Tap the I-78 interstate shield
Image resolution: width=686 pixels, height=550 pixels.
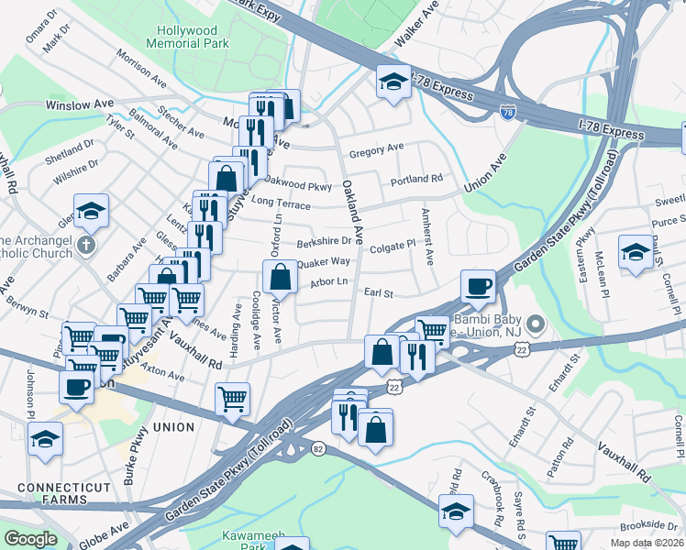click(x=508, y=112)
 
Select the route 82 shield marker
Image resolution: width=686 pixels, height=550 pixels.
click(x=318, y=446)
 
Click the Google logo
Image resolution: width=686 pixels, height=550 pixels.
click(x=31, y=539)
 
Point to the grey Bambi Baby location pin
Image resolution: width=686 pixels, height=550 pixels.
click(x=537, y=324)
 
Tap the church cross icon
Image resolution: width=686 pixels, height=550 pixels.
click(x=85, y=245)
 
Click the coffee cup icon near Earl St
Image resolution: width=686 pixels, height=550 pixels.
click(x=478, y=285)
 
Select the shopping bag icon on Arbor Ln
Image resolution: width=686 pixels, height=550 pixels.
click(x=281, y=276)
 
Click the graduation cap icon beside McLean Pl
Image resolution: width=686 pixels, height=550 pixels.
click(x=636, y=249)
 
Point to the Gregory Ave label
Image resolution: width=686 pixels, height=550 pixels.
click(x=376, y=148)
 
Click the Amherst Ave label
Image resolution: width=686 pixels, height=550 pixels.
click(x=426, y=236)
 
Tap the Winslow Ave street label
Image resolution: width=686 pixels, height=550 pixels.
click(x=81, y=105)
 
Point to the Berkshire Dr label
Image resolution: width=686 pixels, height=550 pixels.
click(x=324, y=243)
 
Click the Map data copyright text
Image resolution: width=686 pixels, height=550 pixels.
click(x=646, y=543)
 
